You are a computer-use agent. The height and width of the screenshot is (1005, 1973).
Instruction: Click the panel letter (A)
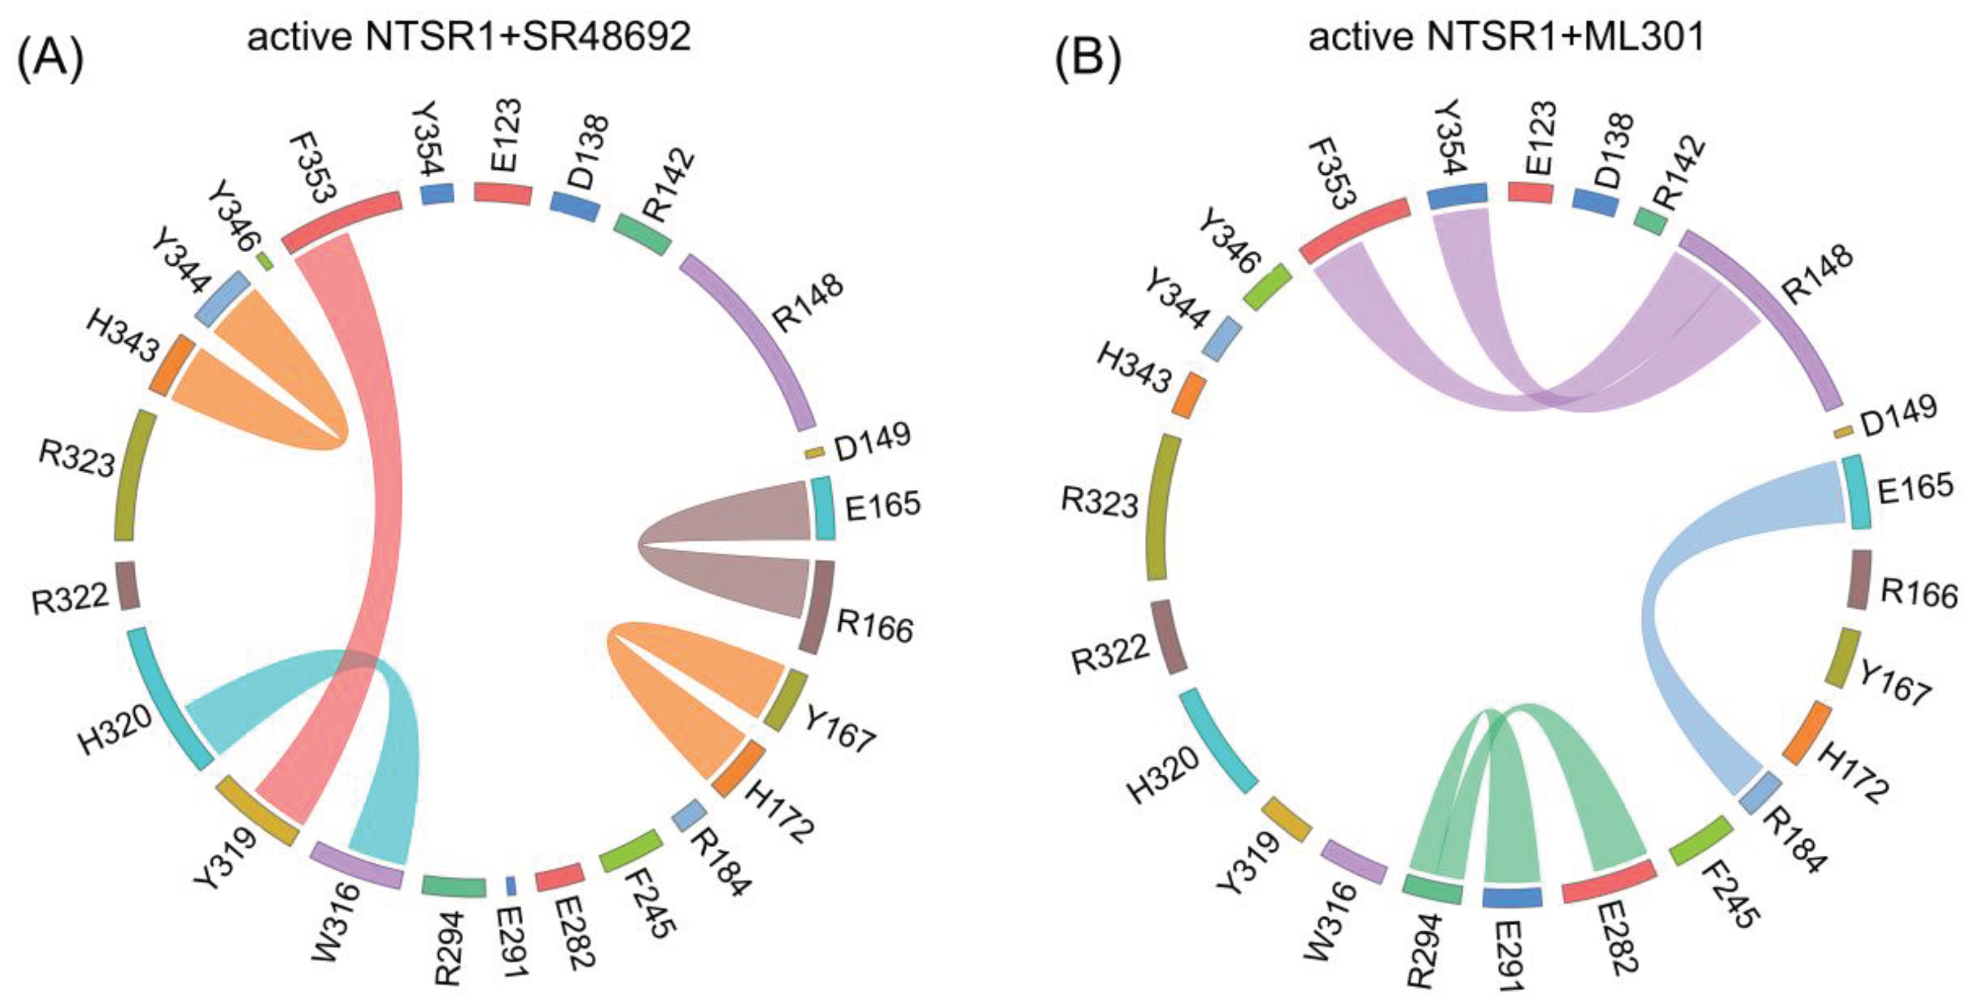point(50,61)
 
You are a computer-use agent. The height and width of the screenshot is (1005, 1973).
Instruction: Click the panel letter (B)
point(1087,61)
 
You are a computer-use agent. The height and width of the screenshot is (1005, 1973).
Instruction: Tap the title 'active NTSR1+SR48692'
point(469,36)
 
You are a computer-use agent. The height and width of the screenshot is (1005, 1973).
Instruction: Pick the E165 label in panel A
point(883,506)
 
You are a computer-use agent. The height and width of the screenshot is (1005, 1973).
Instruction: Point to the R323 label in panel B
point(1099,503)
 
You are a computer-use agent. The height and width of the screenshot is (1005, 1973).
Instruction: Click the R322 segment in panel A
point(127,586)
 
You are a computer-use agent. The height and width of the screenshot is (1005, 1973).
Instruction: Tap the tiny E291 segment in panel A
point(511,886)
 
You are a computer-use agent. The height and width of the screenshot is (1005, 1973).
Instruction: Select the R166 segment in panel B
point(1858,579)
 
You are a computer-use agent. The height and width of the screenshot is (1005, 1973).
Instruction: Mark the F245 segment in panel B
point(1700,840)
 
